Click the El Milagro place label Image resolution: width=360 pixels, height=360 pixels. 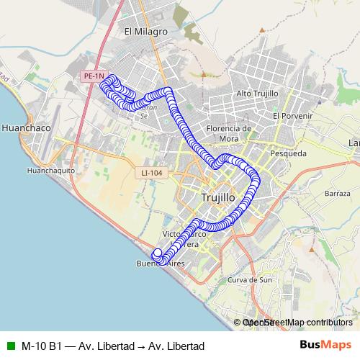tap(145, 32)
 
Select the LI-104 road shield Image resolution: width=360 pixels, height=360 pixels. tap(152, 173)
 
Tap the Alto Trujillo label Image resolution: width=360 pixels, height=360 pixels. tap(257, 94)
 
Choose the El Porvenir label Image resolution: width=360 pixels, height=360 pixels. tap(292, 115)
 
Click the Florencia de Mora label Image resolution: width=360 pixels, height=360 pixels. tap(228, 133)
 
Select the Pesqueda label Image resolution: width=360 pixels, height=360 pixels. tap(288, 153)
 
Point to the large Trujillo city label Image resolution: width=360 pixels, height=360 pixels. tap(217, 197)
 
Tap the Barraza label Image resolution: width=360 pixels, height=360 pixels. tap(337, 194)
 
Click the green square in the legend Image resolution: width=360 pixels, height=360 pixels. tap(9, 346)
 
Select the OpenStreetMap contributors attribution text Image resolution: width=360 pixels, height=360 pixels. tap(297, 323)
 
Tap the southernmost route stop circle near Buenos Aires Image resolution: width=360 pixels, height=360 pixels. tap(161, 260)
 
